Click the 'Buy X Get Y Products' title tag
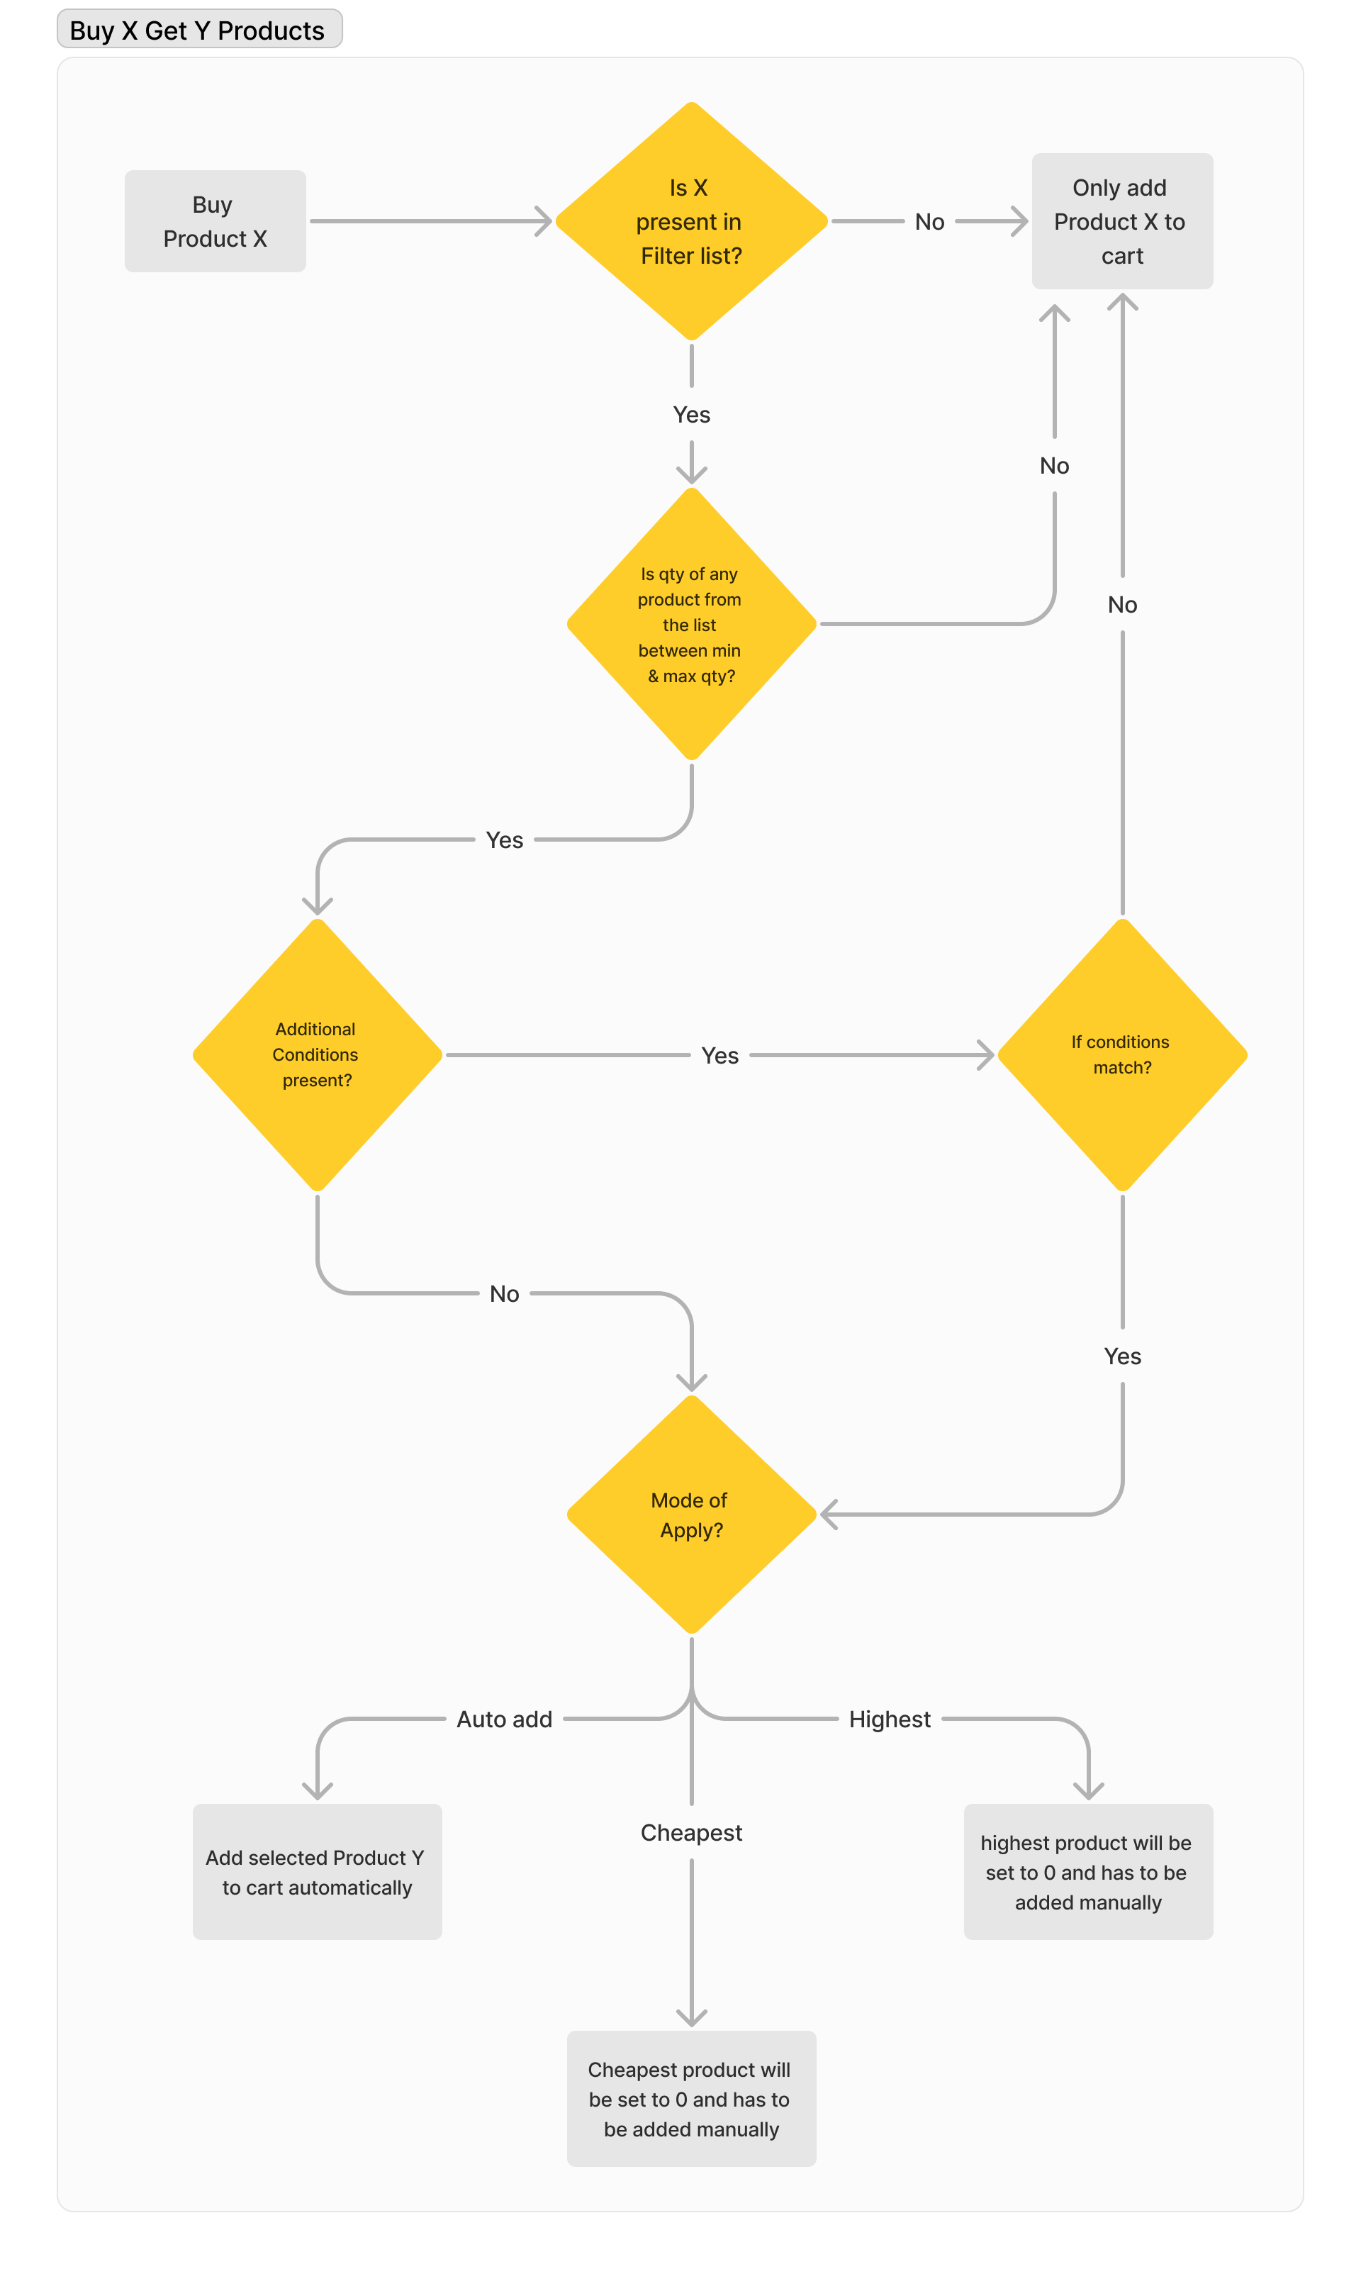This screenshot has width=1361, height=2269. [x=199, y=29]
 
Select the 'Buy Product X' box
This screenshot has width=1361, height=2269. [x=215, y=221]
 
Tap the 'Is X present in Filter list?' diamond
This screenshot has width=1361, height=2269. [x=692, y=221]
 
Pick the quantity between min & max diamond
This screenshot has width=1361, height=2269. [x=692, y=624]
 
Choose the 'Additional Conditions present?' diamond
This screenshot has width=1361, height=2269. [x=318, y=1054]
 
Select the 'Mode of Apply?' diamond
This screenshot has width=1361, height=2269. [x=692, y=1514]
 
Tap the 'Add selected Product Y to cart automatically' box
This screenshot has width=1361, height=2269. [x=318, y=1872]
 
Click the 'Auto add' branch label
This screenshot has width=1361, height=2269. [x=505, y=1719]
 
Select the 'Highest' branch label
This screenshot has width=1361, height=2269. [x=890, y=1719]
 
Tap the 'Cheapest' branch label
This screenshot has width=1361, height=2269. [x=692, y=1832]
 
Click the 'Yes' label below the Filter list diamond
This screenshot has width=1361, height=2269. [x=692, y=415]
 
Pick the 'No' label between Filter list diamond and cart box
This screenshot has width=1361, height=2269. [x=929, y=221]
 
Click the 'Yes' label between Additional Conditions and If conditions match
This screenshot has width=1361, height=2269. [x=720, y=1056]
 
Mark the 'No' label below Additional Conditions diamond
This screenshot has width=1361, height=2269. [x=505, y=1293]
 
